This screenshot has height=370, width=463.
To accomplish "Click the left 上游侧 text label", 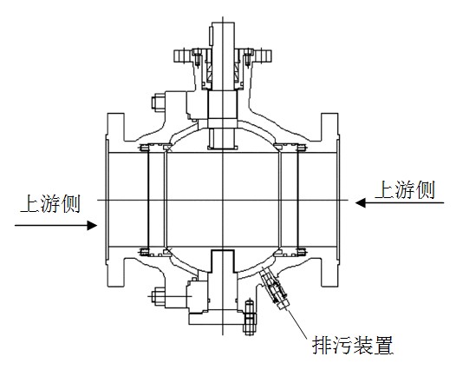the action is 50,203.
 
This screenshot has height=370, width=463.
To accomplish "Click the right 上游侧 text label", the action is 405,189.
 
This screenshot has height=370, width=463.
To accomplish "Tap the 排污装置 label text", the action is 353,345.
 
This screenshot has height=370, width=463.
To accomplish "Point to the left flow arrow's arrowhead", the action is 92,225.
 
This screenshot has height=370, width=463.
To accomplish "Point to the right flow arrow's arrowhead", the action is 361,203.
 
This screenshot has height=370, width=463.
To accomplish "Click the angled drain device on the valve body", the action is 274,287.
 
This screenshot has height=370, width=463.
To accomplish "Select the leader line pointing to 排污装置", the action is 297,323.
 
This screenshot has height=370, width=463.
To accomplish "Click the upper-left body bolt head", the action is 159,102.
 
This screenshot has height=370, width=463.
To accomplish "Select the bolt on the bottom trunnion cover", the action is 250,317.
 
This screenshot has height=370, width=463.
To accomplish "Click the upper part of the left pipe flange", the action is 115,127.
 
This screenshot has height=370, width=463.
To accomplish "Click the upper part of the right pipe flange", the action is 329,127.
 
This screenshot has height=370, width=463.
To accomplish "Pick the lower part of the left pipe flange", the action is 115,272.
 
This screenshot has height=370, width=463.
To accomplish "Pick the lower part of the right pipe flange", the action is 329,272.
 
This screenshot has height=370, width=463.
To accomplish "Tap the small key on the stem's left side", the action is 211,36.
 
